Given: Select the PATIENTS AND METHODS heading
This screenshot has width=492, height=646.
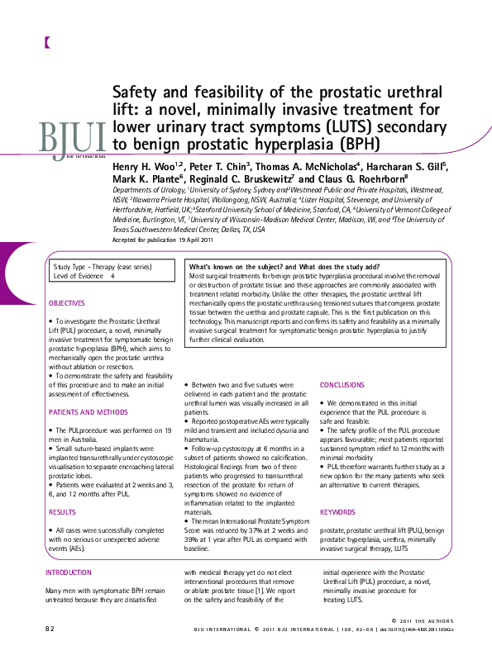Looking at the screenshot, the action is [x=88, y=411].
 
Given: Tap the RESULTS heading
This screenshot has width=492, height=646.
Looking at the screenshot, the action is [x=62, y=512].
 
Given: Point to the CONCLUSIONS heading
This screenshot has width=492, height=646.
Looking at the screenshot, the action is [x=342, y=385].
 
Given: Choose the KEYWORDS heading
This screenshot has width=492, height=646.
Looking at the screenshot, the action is [x=337, y=512].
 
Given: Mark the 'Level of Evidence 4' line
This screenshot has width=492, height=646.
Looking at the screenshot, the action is [x=84, y=277].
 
